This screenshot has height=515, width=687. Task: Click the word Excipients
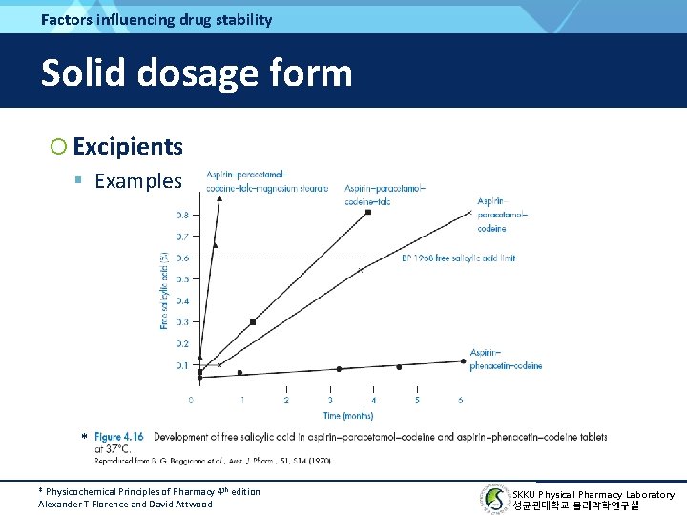(x=127, y=147)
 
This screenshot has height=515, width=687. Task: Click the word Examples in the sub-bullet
(x=137, y=181)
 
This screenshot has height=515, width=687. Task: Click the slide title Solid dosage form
(x=197, y=72)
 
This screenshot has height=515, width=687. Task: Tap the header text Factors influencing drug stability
(x=156, y=19)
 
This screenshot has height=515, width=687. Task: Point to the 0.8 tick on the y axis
(x=181, y=215)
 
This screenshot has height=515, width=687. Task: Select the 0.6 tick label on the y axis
(x=181, y=257)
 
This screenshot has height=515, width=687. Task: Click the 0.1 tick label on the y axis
(x=181, y=365)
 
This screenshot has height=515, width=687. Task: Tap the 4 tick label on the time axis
(x=373, y=400)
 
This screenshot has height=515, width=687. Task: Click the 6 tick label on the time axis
(x=461, y=400)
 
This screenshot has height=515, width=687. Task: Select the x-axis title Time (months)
(x=348, y=415)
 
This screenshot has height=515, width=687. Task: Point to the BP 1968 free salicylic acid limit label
(x=458, y=257)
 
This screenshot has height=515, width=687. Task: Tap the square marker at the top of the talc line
(x=368, y=212)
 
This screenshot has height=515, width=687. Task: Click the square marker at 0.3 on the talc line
(x=253, y=322)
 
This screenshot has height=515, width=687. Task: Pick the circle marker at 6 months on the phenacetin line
(x=463, y=360)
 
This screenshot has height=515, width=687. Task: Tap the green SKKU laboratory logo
(x=492, y=498)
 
